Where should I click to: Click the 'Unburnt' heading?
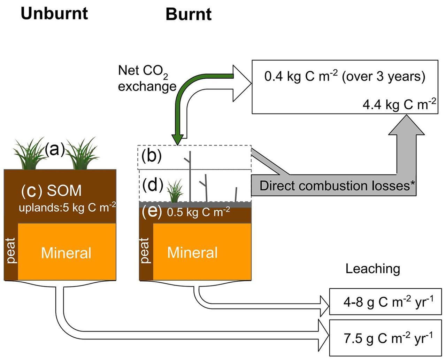click(54, 14)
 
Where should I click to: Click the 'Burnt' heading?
click(188, 15)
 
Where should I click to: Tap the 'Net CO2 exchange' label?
click(147, 78)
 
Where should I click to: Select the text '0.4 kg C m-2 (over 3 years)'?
click(344, 76)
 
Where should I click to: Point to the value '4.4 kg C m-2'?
click(399, 104)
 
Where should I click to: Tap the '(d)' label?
click(153, 185)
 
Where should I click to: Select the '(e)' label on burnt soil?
click(152, 212)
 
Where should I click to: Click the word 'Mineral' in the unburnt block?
click(66, 253)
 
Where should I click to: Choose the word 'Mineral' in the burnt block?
click(192, 252)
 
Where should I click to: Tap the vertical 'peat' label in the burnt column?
click(144, 251)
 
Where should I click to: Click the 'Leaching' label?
click(372, 269)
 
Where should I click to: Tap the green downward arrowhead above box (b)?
click(177, 140)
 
